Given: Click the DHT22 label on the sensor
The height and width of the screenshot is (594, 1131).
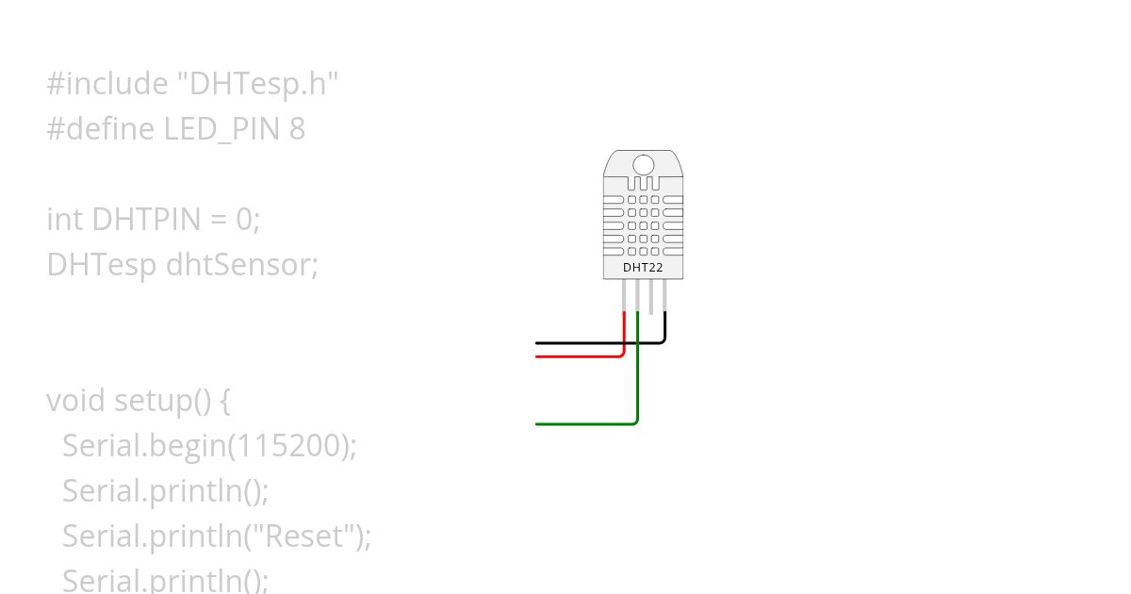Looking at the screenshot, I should point(643,268).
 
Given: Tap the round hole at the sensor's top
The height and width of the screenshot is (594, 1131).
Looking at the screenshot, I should point(643,165).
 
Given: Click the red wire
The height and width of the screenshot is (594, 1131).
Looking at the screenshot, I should point(580,356).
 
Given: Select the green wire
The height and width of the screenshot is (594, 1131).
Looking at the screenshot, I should point(584,424).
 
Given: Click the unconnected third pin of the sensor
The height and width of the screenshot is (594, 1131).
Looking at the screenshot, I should point(651,296).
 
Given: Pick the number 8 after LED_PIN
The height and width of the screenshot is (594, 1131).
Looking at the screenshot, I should point(298,129).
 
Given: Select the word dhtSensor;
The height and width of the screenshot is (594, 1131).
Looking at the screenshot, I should point(243,265).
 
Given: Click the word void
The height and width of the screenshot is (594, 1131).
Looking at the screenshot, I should point(75,401).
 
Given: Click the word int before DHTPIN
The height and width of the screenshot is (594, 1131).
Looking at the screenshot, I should point(65,220).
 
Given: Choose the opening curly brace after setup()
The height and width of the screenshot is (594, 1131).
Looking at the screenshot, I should point(224,401).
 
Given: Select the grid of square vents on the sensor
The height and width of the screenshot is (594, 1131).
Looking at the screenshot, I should point(643,225).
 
